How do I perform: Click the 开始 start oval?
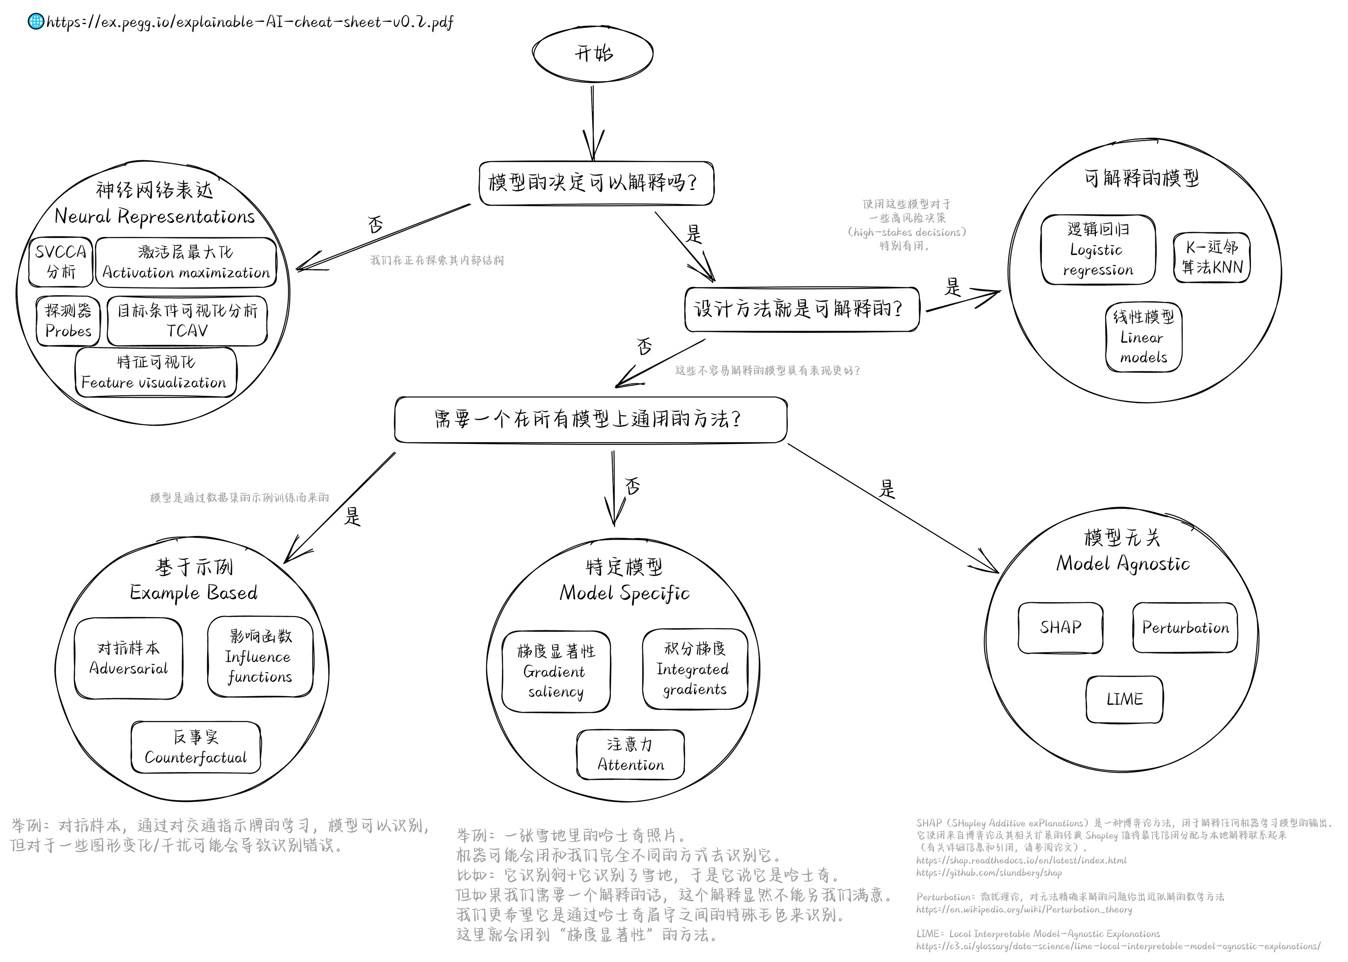[593, 53]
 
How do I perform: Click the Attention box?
[630, 755]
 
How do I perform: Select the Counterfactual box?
[196, 747]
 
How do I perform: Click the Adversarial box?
[128, 659]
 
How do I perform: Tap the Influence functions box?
[260, 657]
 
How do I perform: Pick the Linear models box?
[1143, 338]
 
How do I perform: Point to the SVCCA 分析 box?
[60, 262]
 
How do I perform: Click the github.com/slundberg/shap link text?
[989, 872]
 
